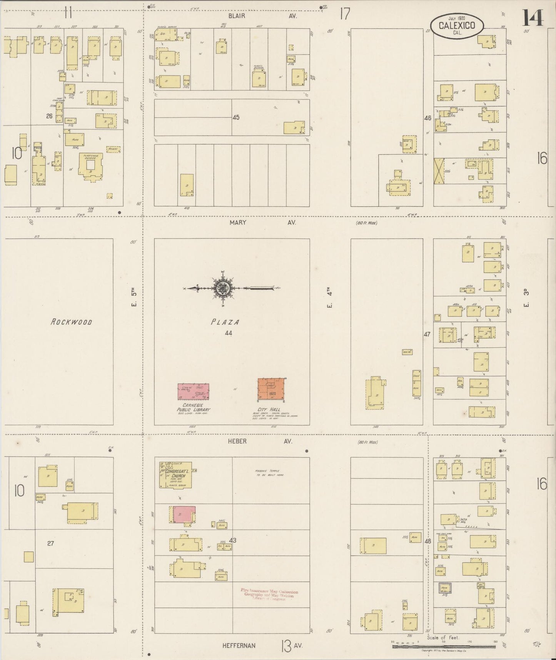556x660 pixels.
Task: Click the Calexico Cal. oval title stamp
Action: (x=457, y=26)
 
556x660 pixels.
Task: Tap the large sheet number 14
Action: (x=533, y=17)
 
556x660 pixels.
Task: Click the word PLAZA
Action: (x=225, y=322)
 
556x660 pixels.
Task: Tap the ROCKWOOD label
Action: (x=71, y=322)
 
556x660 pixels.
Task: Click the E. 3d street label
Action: (x=526, y=298)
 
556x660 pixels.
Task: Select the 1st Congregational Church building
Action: (x=175, y=478)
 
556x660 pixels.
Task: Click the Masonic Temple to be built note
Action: (x=269, y=473)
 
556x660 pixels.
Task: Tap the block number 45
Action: (x=236, y=117)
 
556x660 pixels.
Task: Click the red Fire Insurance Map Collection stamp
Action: (x=269, y=595)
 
